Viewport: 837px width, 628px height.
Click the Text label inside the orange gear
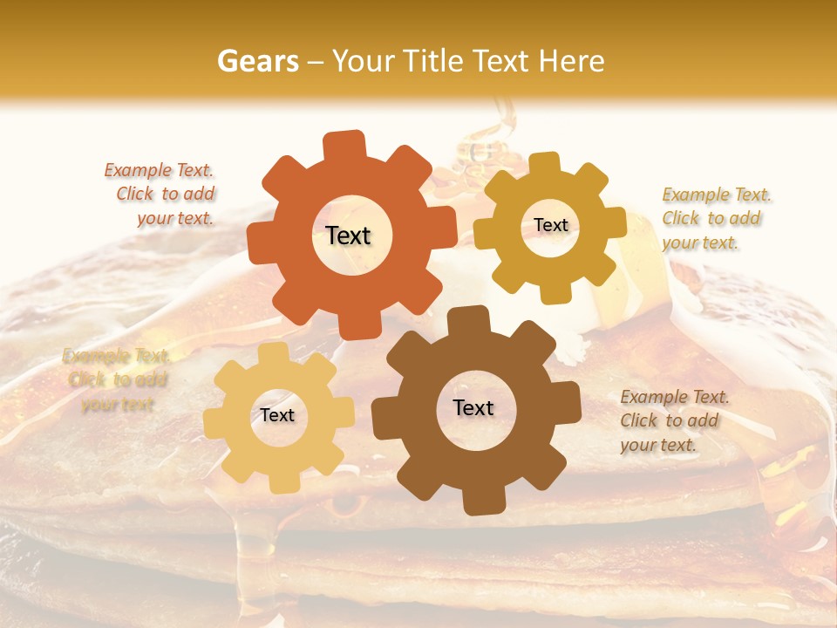pos(348,235)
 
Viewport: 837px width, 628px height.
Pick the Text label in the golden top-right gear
pos(550,225)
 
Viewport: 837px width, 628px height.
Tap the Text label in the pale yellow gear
pos(277,415)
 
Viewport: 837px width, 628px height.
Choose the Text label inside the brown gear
pos(473,407)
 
